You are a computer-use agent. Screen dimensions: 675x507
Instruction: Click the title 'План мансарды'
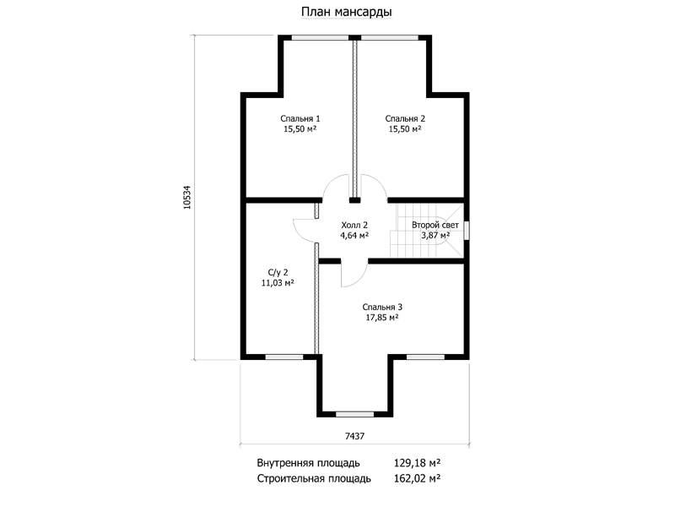pyautogui.click(x=346, y=12)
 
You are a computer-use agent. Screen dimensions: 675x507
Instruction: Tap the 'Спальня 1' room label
pyautogui.click(x=300, y=118)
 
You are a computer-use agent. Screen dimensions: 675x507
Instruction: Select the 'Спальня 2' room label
pyautogui.click(x=405, y=118)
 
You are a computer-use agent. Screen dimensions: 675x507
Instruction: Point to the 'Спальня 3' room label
pyautogui.click(x=382, y=308)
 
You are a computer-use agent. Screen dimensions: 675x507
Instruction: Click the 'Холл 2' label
pyautogui.click(x=354, y=225)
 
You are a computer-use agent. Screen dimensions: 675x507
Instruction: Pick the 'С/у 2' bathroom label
pyautogui.click(x=278, y=272)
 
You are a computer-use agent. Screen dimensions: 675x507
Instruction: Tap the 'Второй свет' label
pyautogui.click(x=435, y=225)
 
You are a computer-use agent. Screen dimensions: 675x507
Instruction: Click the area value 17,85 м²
pyautogui.click(x=382, y=318)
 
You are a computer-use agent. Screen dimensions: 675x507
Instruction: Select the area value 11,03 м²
pyautogui.click(x=278, y=283)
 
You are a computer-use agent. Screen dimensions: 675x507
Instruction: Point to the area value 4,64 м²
pyautogui.click(x=354, y=236)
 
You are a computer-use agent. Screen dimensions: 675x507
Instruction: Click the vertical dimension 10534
pyautogui.click(x=186, y=198)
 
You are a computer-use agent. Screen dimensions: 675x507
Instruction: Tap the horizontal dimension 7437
pyautogui.click(x=354, y=436)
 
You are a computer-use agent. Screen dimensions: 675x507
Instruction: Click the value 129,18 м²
pyautogui.click(x=417, y=463)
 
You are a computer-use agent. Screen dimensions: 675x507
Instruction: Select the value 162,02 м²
pyautogui.click(x=417, y=478)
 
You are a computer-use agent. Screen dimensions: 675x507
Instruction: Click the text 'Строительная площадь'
pyautogui.click(x=314, y=478)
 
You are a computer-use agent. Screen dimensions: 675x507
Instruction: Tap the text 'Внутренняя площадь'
pyautogui.click(x=308, y=463)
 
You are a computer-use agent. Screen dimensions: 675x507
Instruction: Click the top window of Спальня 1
pyautogui.click(x=320, y=37)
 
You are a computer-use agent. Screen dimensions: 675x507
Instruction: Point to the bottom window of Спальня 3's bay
pyautogui.click(x=354, y=414)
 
